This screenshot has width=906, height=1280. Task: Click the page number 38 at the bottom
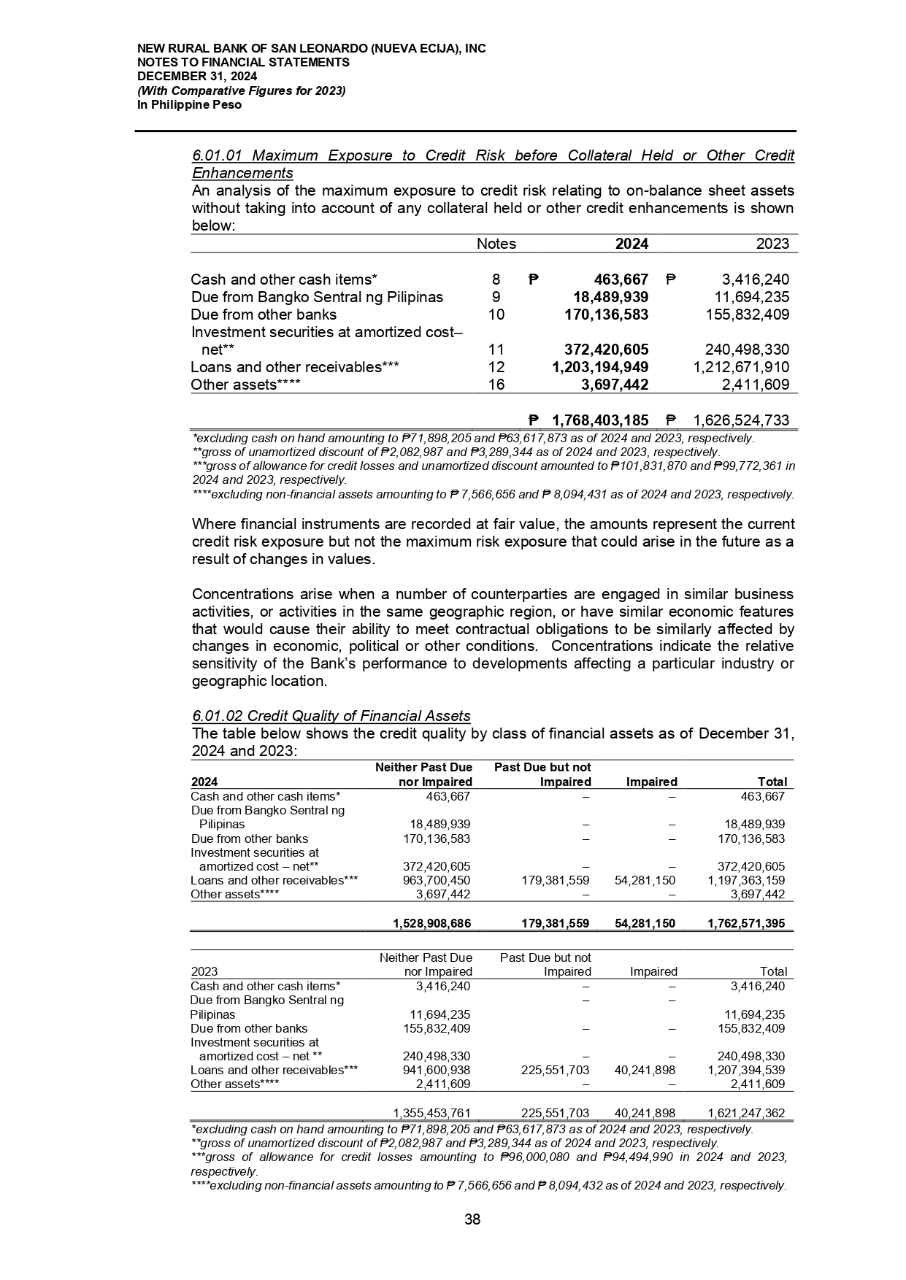[x=472, y=1219]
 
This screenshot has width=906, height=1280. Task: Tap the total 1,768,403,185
[x=600, y=420]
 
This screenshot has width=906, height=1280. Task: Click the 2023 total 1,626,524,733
[x=740, y=420]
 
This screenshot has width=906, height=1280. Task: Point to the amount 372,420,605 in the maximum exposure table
[x=602, y=350]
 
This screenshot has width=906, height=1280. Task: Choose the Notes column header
[x=496, y=244]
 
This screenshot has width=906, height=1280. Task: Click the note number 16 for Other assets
[x=496, y=385]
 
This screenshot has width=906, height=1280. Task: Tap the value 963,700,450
[x=437, y=880]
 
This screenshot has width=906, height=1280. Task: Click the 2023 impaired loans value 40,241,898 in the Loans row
[x=645, y=1070]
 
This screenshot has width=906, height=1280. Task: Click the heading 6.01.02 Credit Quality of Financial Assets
[x=331, y=716]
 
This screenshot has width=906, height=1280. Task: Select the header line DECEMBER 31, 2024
[x=197, y=77]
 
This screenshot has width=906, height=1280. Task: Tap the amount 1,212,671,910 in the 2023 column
[x=740, y=367]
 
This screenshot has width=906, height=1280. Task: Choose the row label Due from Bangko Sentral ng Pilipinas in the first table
[x=317, y=297]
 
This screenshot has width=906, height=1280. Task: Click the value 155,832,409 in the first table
[x=740, y=315]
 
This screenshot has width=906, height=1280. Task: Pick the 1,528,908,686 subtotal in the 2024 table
[x=431, y=923]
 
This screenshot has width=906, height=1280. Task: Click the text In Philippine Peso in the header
[x=189, y=105]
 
